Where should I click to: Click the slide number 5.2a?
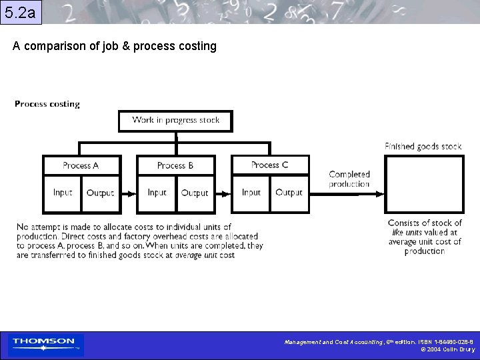click(21, 12)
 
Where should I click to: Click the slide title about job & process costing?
click(115, 46)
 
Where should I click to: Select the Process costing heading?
click(47, 104)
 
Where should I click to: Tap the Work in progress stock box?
click(176, 121)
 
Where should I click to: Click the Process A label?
click(81, 165)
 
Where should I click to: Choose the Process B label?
click(175, 165)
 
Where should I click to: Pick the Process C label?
click(270, 165)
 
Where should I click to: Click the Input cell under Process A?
click(63, 193)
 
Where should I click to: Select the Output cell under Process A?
click(101, 193)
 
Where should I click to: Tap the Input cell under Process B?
click(157, 193)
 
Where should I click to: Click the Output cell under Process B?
click(195, 193)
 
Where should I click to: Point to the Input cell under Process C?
click(251, 193)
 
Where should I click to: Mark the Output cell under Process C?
click(289, 193)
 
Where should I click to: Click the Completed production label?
click(349, 179)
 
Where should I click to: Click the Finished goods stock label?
click(423, 146)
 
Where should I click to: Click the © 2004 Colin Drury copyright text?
click(447, 349)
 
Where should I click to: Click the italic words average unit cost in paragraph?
click(205, 255)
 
